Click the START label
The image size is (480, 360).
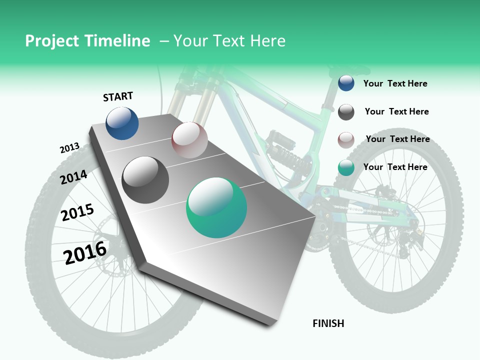click(x=118, y=96)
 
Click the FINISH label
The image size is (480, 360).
click(x=328, y=323)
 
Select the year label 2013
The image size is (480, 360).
click(x=69, y=148)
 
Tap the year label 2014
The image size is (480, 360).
click(x=73, y=177)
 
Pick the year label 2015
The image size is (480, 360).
click(x=77, y=212)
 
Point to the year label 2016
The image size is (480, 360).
click(x=85, y=252)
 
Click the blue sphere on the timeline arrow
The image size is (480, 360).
click(x=122, y=123)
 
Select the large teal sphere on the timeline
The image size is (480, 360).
click(x=216, y=207)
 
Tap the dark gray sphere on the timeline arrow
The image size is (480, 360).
click(x=145, y=179)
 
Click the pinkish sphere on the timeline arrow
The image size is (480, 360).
click(x=189, y=139)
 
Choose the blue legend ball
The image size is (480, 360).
click(x=346, y=83)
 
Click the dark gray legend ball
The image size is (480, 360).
click(x=346, y=112)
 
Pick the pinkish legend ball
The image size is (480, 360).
click(x=346, y=140)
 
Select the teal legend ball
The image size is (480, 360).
click(x=346, y=168)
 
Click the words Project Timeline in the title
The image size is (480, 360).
click(x=87, y=41)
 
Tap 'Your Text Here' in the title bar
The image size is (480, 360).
click(x=229, y=41)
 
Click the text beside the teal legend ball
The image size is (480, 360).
click(x=395, y=167)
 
